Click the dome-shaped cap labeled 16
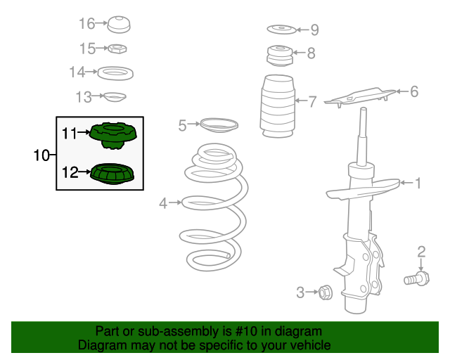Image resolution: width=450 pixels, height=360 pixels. pos(119,25)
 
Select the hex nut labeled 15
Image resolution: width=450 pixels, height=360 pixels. pos(117,49)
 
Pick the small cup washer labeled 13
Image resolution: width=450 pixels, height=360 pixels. pos(115,97)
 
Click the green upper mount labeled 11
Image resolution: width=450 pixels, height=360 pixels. pos(113,136)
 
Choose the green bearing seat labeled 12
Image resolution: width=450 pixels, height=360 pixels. pos(112,174)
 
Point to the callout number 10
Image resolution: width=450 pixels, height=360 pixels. pos(41,155)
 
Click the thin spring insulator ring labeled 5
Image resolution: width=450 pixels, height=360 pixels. pos(219,125)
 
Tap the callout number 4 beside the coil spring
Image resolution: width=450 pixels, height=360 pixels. pos(163,203)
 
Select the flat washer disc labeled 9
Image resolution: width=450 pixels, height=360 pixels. pos(281,30)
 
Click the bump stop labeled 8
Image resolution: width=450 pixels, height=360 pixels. pos(280,56)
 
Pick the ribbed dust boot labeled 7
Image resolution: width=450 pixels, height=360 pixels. pos(277,106)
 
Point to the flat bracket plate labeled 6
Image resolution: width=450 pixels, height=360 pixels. pos(360,97)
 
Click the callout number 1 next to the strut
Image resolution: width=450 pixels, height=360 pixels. pos(418,183)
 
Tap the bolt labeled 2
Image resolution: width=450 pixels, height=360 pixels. pos(416,278)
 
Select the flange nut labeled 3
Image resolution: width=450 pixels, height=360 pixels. pos(326,292)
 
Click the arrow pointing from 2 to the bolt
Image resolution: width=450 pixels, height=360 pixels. pos(421,264)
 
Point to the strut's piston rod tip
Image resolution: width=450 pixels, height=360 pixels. pos(364,109)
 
